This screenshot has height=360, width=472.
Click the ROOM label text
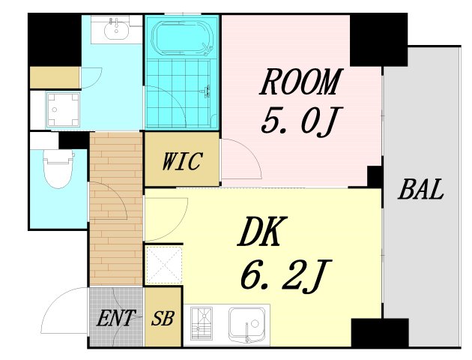[300, 82]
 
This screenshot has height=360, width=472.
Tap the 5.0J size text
[297, 120]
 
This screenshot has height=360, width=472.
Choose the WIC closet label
[182, 161]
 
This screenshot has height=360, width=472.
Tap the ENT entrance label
[115, 318]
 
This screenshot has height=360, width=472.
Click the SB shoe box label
[163, 319]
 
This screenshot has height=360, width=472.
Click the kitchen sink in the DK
[247, 325]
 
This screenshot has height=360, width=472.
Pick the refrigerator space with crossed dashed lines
[163, 265]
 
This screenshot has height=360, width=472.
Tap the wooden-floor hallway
[115, 210]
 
